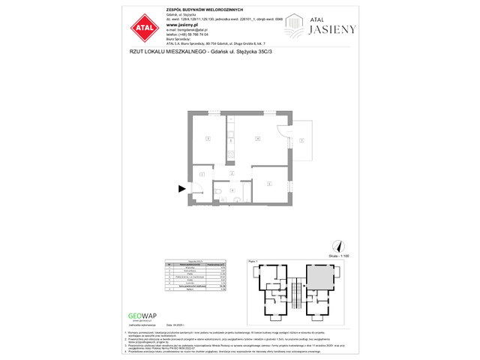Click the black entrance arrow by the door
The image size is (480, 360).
coord(181,190)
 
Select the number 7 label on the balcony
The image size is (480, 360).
coord(301,140)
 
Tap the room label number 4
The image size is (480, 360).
coord(257,139)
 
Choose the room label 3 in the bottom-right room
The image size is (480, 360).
coord(269,183)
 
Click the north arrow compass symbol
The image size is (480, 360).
coord(336,245)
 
